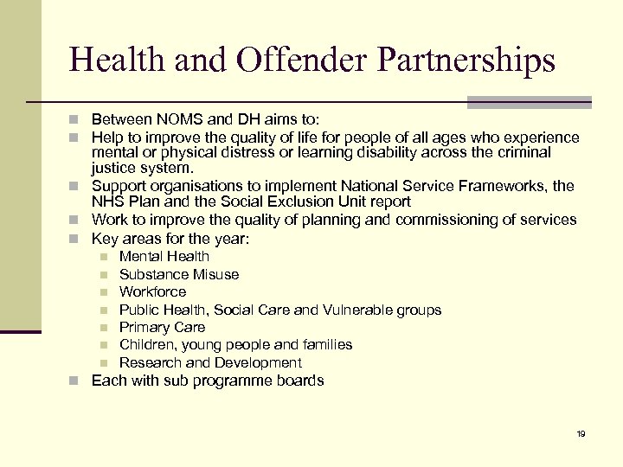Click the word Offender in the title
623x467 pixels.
coord(291,60)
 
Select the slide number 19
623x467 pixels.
coord(581,433)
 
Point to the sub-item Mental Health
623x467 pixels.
coord(164,256)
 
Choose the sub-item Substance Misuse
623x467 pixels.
coord(179,274)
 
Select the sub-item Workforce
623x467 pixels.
coord(152,291)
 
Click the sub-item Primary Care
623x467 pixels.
coord(162,327)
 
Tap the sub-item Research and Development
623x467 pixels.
coord(210,362)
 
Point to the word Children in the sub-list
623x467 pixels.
coord(145,344)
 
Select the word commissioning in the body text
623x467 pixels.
coord(446,220)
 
